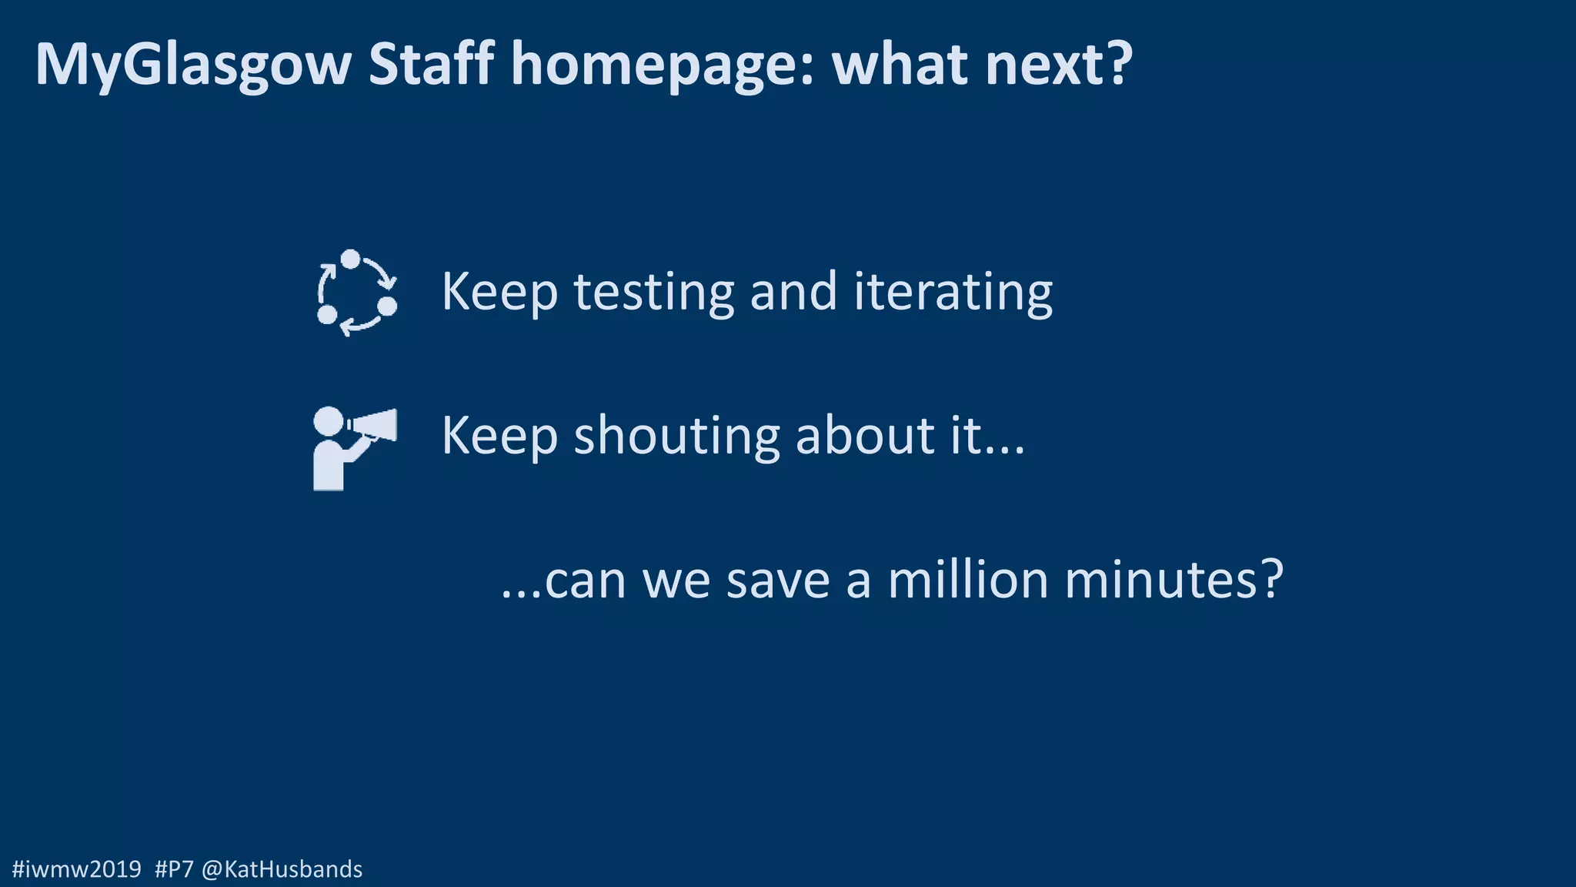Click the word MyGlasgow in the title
point(193,65)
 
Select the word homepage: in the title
point(663,65)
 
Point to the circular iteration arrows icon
point(356,293)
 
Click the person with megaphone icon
point(354,448)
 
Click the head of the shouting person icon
point(329,421)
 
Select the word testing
point(653,293)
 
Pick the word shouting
point(676,437)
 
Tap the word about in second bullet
point(865,435)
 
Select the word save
point(777,581)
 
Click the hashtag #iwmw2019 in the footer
point(77,869)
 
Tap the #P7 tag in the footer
point(174,869)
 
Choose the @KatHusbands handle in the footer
point(282,869)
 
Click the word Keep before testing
point(499,293)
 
